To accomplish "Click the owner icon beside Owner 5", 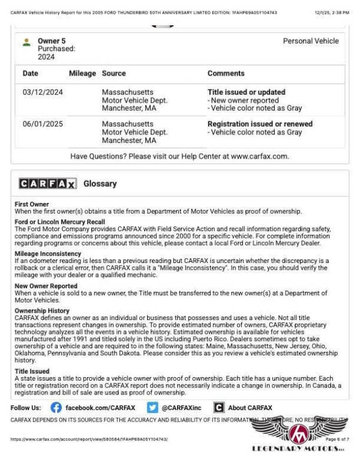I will (26, 42).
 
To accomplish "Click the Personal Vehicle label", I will (310, 41).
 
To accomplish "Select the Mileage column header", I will (82, 73).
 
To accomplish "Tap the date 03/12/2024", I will (43, 92).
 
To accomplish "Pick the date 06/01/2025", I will (43, 124).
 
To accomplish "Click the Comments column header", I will (227, 73).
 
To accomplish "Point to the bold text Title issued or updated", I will (246, 92).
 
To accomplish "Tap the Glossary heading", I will (100, 184).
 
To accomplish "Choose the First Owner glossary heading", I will (33, 204).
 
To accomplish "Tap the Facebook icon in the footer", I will (56, 408).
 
